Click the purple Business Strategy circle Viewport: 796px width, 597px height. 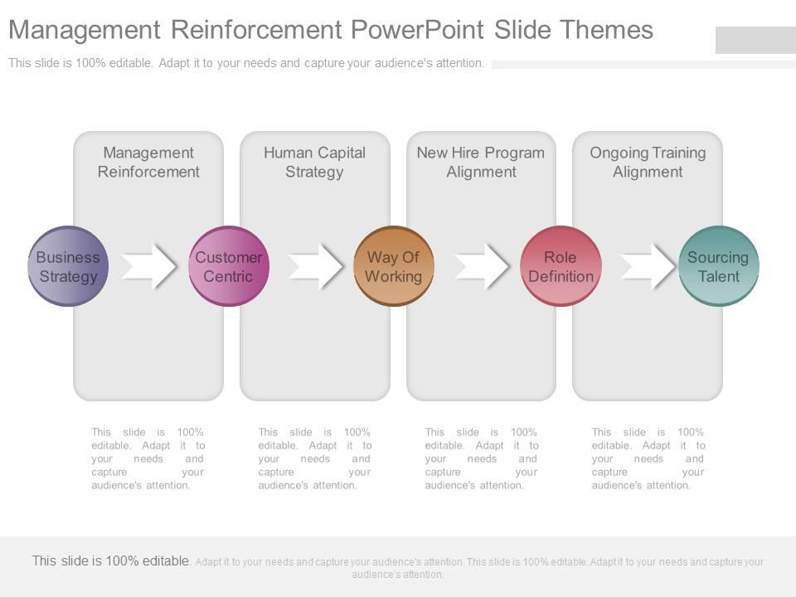[68, 266]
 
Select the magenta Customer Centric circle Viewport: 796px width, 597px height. [229, 266]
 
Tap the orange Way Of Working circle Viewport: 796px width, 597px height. [394, 266]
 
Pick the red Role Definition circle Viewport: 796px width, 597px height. [561, 266]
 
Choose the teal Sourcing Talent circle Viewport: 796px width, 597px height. [718, 266]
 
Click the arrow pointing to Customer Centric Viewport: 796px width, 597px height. [150, 266]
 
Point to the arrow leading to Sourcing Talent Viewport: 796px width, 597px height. [649, 266]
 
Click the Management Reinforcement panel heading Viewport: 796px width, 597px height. [148, 163]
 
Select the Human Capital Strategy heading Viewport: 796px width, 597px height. [314, 163]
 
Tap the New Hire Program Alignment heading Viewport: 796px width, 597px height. [481, 163]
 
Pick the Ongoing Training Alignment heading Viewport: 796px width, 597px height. [648, 163]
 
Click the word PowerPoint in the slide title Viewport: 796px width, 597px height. [418, 30]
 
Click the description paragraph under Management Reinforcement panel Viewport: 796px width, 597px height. [148, 459]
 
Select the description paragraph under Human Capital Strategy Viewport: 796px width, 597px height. [314, 459]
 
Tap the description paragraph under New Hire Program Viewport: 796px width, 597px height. [481, 459]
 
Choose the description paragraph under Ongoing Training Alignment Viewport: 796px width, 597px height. [648, 459]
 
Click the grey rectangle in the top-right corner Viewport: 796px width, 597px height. [755, 40]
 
